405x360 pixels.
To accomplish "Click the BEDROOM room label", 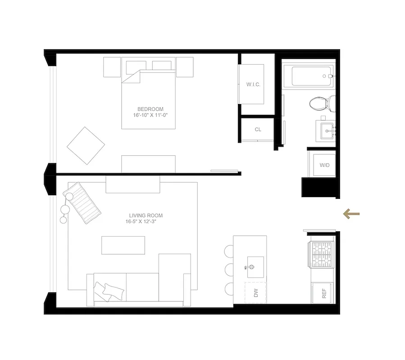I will point(150,109).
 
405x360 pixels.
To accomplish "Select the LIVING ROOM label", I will point(146,216).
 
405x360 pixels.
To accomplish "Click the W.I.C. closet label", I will point(253,85).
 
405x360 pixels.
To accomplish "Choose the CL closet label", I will point(258,130).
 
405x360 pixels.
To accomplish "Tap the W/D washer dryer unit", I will point(324,165).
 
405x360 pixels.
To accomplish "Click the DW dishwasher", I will point(255,293).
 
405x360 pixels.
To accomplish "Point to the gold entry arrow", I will point(351,214).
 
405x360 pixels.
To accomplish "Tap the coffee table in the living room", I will point(123,245).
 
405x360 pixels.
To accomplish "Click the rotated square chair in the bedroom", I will point(86,146).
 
